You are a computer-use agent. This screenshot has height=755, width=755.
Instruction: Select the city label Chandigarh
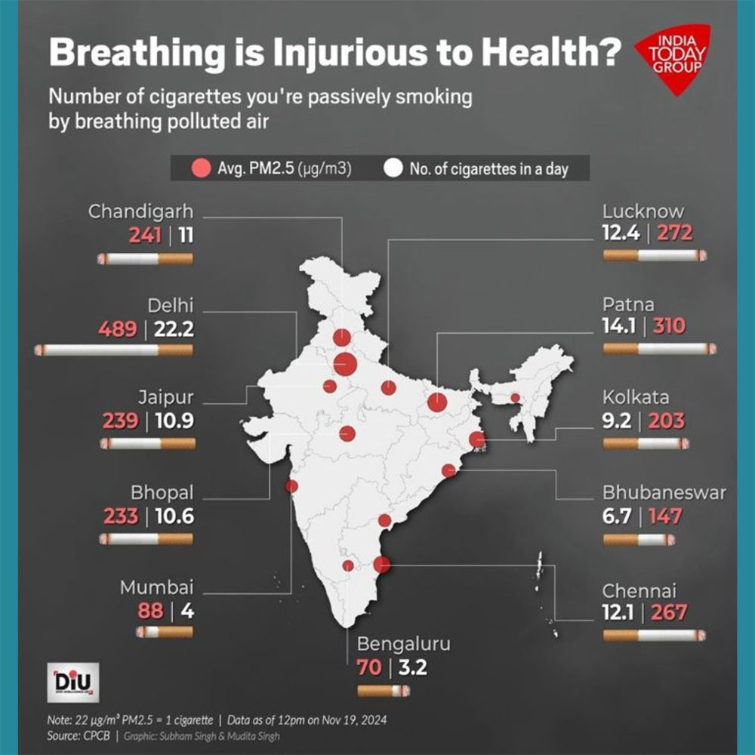click(140, 211)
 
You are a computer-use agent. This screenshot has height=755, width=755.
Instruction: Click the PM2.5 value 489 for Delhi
click(118, 329)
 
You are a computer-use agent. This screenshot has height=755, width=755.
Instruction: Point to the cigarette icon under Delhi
click(113, 350)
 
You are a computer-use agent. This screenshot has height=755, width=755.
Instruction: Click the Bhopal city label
click(162, 493)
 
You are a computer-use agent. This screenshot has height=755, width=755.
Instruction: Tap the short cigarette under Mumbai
click(164, 631)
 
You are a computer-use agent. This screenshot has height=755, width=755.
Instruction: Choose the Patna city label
click(628, 304)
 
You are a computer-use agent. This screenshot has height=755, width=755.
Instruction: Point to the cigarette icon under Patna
click(659, 349)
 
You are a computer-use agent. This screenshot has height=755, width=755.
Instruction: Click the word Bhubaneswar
click(664, 493)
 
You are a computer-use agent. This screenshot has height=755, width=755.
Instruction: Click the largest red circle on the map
click(345, 365)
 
